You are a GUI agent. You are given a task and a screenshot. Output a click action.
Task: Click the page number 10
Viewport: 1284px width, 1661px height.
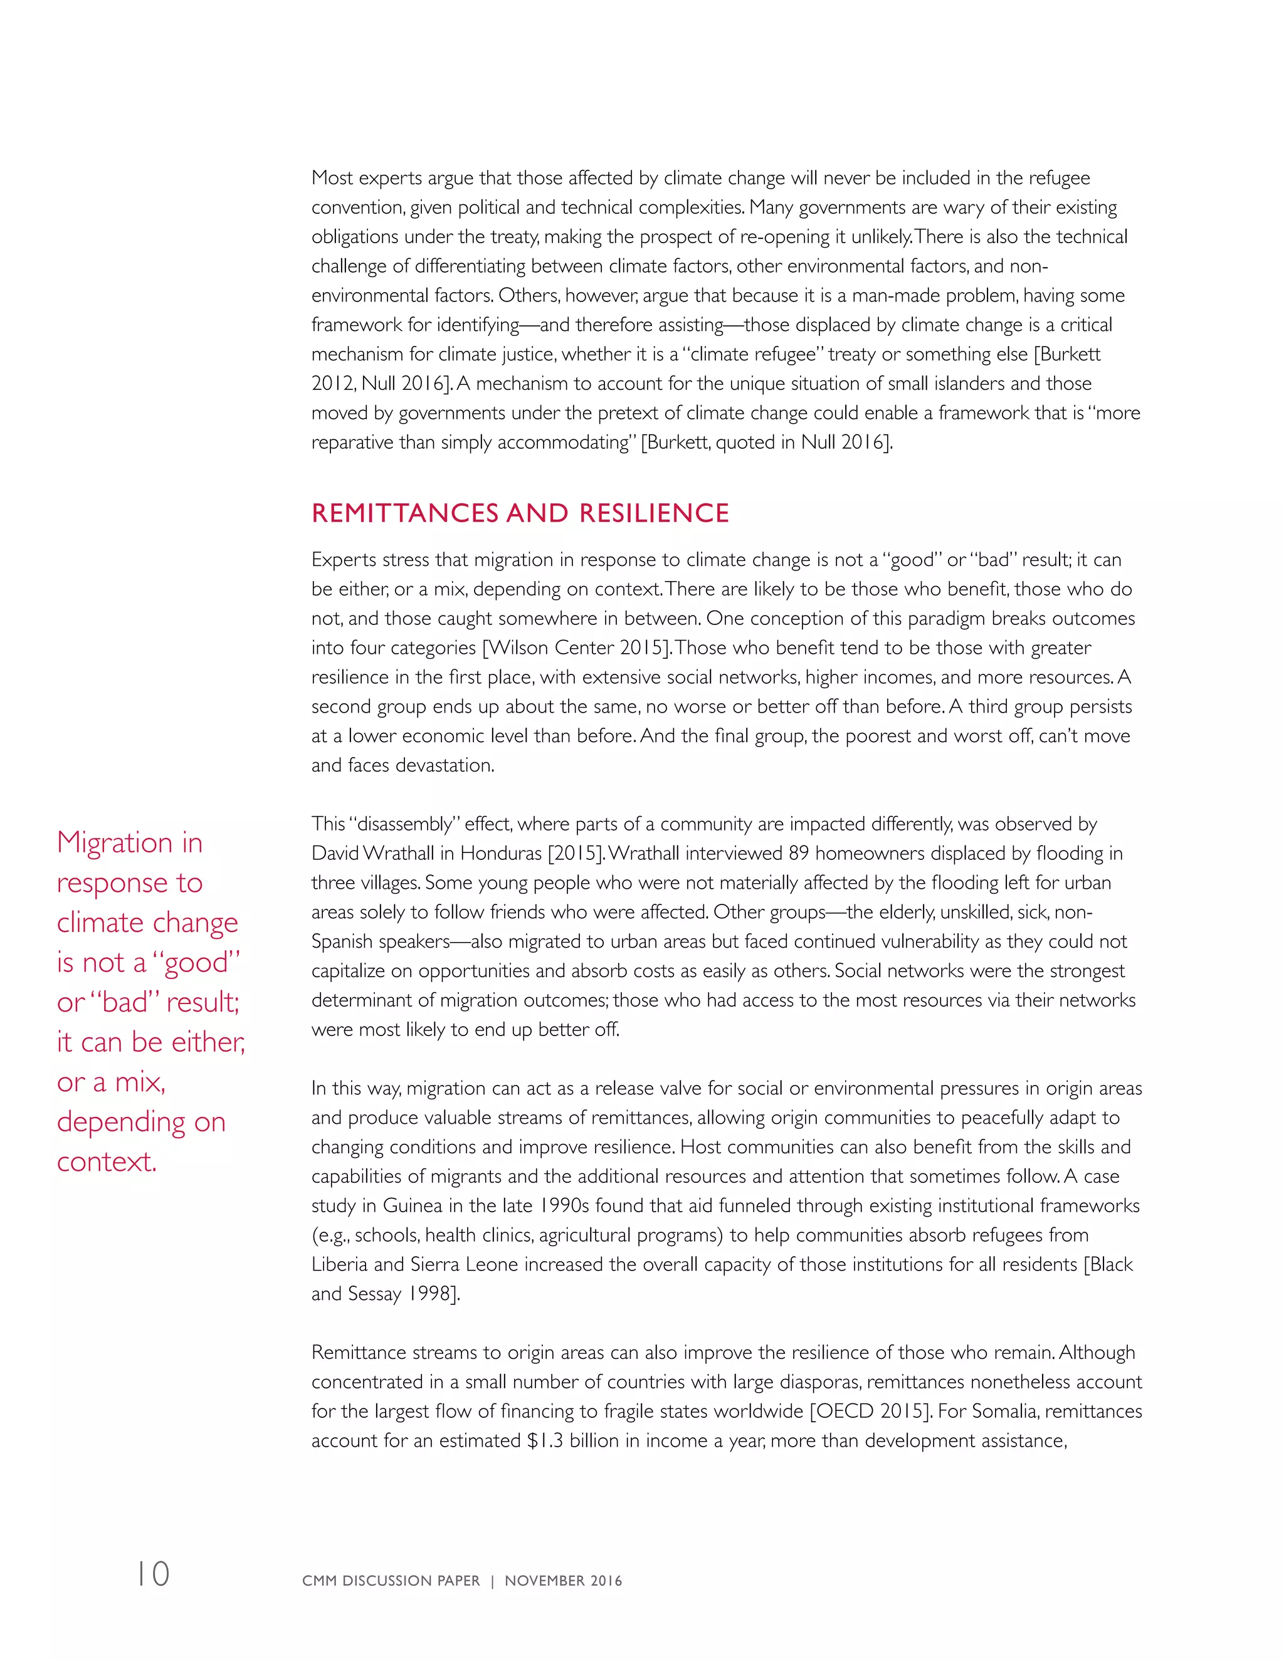click(153, 1573)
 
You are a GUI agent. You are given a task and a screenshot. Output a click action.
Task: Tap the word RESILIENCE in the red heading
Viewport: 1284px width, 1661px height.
click(653, 513)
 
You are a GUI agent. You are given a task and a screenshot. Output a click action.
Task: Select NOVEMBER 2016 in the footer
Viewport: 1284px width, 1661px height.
click(563, 1580)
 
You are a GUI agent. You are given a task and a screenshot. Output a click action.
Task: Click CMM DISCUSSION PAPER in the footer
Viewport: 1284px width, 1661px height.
click(391, 1580)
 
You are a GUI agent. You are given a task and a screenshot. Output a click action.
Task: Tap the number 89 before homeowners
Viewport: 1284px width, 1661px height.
click(798, 853)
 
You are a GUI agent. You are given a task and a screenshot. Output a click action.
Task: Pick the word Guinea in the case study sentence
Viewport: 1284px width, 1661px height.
click(413, 1205)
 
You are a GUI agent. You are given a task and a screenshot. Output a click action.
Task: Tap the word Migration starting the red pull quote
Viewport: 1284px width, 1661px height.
click(115, 842)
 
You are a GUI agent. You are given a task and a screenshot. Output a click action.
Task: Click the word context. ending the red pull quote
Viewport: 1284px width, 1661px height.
click(107, 1162)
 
